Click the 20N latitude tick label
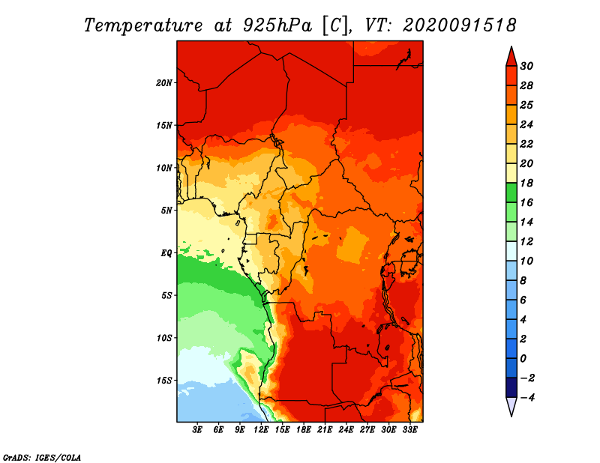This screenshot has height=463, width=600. (x=164, y=82)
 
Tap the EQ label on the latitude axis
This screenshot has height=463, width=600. (x=166, y=252)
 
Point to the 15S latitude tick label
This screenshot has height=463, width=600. (x=164, y=381)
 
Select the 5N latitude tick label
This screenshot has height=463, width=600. (x=166, y=211)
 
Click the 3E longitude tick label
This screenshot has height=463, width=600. (x=197, y=429)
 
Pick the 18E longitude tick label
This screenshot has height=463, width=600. (x=304, y=429)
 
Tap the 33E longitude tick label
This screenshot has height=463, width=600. (x=409, y=429)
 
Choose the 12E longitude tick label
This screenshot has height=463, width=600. (x=261, y=429)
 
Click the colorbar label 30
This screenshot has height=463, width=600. (x=526, y=66)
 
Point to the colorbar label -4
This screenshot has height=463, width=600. (x=527, y=398)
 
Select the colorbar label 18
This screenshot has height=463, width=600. (x=526, y=183)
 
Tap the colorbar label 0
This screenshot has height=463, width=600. (x=523, y=359)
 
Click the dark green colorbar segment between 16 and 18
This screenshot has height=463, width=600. (x=511, y=193)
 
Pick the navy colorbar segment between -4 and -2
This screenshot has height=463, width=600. (x=511, y=387)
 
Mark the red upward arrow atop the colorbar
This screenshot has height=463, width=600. (x=511, y=57)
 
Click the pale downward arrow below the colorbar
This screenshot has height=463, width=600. (x=511, y=407)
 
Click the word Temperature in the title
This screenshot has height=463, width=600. (x=142, y=25)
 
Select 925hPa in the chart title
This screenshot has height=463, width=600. (x=277, y=25)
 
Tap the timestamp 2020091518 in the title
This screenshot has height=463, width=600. (x=460, y=25)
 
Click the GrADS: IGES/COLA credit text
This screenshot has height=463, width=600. (x=42, y=458)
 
